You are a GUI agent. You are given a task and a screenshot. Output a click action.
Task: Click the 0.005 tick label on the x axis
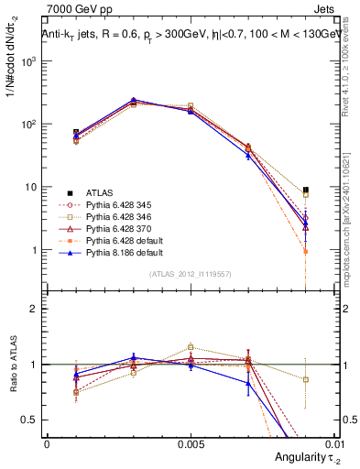tap(190, 442)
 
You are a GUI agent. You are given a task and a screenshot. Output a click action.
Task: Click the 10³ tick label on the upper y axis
tap(30, 60)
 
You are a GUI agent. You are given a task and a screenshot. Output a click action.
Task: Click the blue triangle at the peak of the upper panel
tap(133, 100)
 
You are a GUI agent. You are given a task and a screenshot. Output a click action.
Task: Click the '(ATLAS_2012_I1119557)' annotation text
tap(190, 275)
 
